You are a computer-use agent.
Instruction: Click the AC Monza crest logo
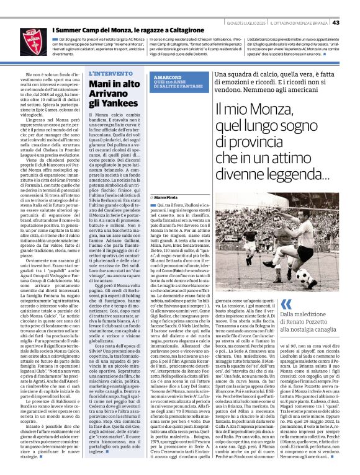[x=29, y=39]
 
